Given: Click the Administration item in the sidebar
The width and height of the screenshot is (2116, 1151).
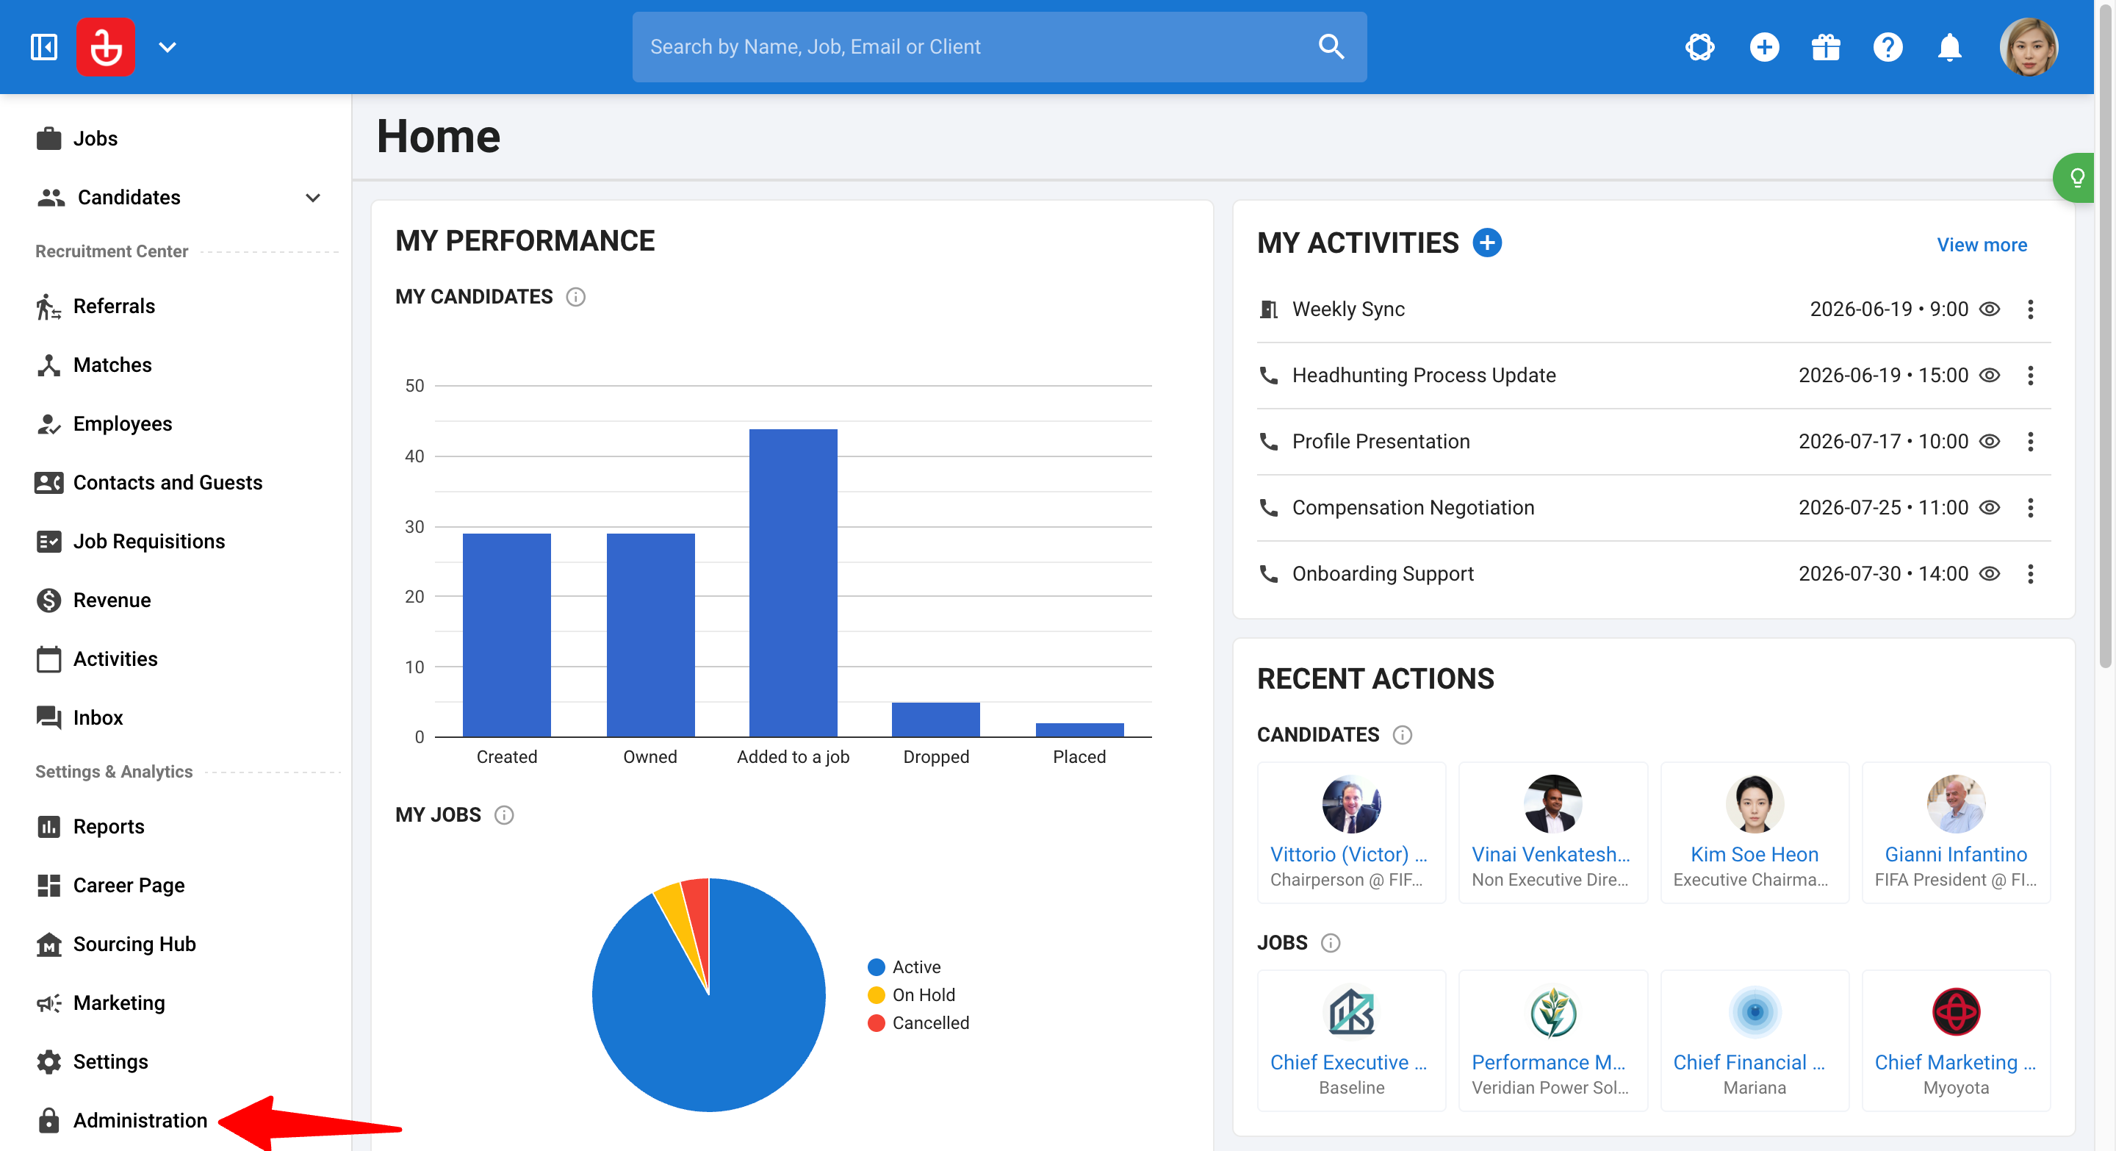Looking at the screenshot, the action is pyautogui.click(x=140, y=1120).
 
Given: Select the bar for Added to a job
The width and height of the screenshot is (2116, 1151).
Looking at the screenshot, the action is pyautogui.click(x=793, y=583).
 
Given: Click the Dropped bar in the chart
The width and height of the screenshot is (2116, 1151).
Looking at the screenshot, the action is pyautogui.click(x=935, y=720).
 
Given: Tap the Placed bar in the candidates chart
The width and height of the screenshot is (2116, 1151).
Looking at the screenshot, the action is pyautogui.click(x=1079, y=730).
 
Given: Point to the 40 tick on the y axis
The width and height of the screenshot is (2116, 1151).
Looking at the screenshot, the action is pyautogui.click(x=415, y=456).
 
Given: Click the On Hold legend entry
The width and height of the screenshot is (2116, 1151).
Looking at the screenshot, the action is pyautogui.click(x=912, y=995).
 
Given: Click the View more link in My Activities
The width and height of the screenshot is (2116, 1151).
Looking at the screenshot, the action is pyautogui.click(x=1982, y=245).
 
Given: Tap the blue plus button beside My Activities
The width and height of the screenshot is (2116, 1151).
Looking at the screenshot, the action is pyautogui.click(x=1487, y=243).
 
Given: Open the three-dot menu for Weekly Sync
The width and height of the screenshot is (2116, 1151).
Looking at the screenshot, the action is pyautogui.click(x=2030, y=309).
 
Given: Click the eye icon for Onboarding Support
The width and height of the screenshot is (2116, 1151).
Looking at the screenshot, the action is pyautogui.click(x=1989, y=573).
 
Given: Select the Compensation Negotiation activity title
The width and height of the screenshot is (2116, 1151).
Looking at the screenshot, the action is pyautogui.click(x=1413, y=508).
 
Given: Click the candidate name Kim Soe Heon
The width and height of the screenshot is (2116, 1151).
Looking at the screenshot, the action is pyautogui.click(x=1754, y=854).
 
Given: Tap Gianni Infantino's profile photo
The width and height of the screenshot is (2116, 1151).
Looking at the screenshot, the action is pyautogui.click(x=1956, y=804).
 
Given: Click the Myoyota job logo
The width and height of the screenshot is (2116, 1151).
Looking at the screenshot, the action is pyautogui.click(x=1956, y=1012).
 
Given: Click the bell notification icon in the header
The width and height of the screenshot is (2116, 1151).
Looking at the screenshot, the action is pyautogui.click(x=1949, y=47).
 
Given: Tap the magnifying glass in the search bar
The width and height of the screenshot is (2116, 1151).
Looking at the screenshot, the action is pyautogui.click(x=1331, y=47).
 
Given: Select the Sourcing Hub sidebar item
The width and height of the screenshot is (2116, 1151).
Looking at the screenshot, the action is pyautogui.click(x=134, y=944).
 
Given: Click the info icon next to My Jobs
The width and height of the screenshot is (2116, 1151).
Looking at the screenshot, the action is pyautogui.click(x=503, y=815).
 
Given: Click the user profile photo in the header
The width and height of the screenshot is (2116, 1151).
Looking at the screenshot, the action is pyautogui.click(x=2028, y=47).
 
